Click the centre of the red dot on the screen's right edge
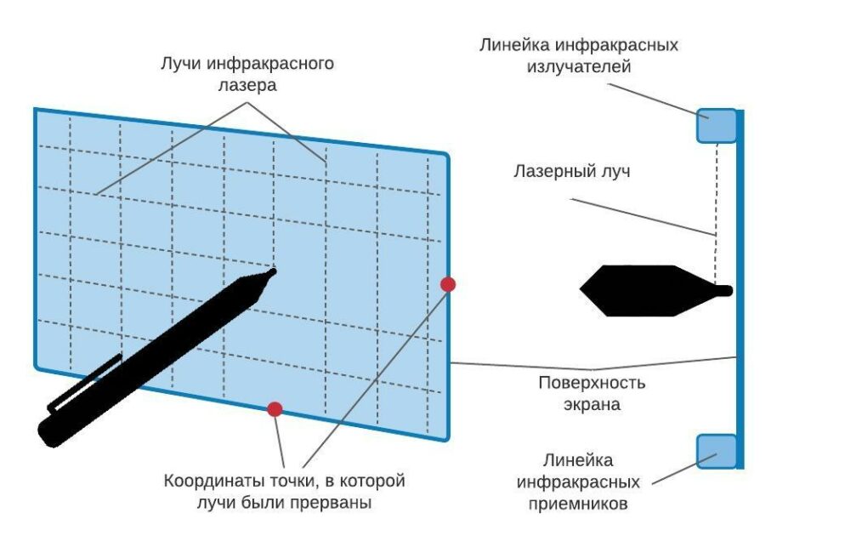(x=448, y=284)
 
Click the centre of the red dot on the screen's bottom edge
(x=275, y=409)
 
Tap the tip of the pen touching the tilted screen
(x=274, y=271)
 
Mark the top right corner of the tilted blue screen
(x=447, y=155)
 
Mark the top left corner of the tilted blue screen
(x=36, y=110)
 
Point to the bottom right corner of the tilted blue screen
(x=447, y=440)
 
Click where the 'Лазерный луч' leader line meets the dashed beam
(x=716, y=236)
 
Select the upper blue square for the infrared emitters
(x=717, y=126)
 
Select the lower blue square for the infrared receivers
(x=717, y=452)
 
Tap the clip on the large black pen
(x=85, y=383)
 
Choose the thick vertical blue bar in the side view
(x=740, y=289)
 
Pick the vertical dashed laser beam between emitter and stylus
(x=716, y=214)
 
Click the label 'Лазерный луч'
(x=572, y=171)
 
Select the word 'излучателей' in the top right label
(x=579, y=67)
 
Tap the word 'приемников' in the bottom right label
(x=578, y=504)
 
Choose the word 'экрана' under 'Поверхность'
(x=592, y=404)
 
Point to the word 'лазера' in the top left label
(x=247, y=85)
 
